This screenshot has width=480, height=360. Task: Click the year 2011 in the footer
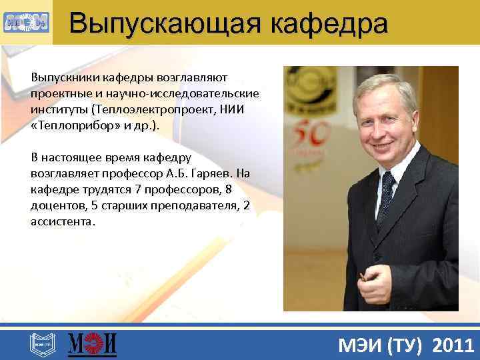coord(453,345)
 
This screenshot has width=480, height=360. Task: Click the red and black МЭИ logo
coord(93,344)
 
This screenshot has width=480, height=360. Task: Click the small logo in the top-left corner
coord(25,23)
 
